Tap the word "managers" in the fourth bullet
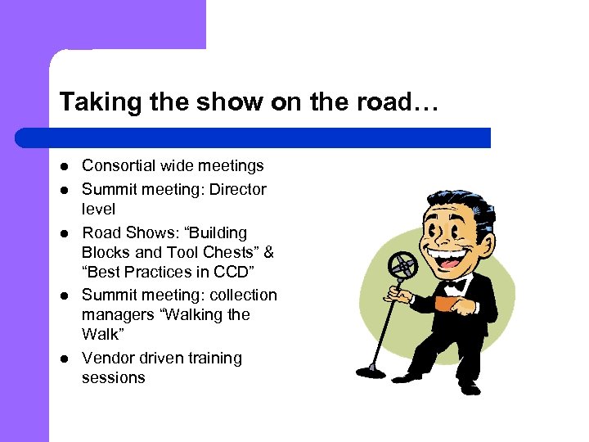coord(119,314)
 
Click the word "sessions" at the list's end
coord(113,377)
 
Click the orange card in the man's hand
coord(444,304)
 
